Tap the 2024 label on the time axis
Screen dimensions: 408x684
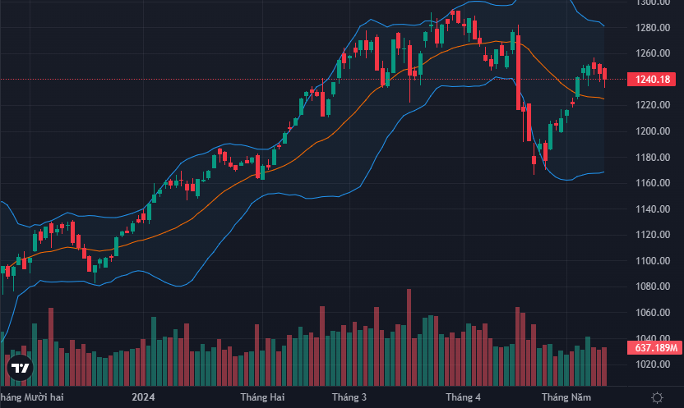(143, 397)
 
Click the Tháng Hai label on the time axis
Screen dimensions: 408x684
(262, 397)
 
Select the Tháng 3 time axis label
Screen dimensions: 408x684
(349, 397)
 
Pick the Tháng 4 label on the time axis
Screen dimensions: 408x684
(463, 397)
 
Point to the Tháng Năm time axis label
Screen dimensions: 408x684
(566, 397)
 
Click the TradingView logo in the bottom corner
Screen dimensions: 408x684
(20, 369)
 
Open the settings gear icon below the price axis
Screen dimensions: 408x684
(657, 397)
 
